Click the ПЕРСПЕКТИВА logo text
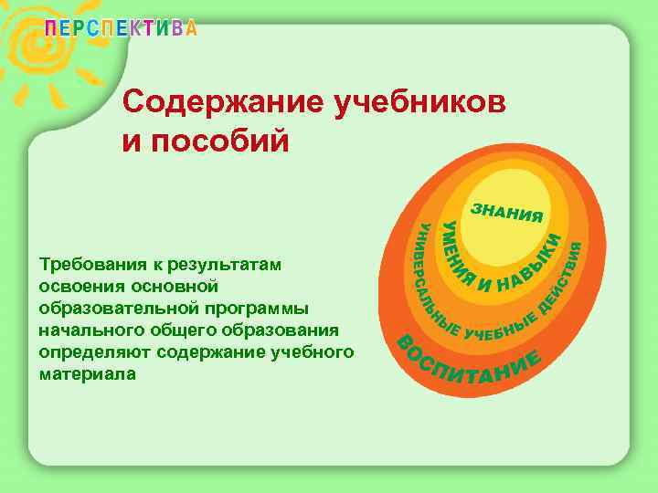pyautogui.click(x=121, y=28)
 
